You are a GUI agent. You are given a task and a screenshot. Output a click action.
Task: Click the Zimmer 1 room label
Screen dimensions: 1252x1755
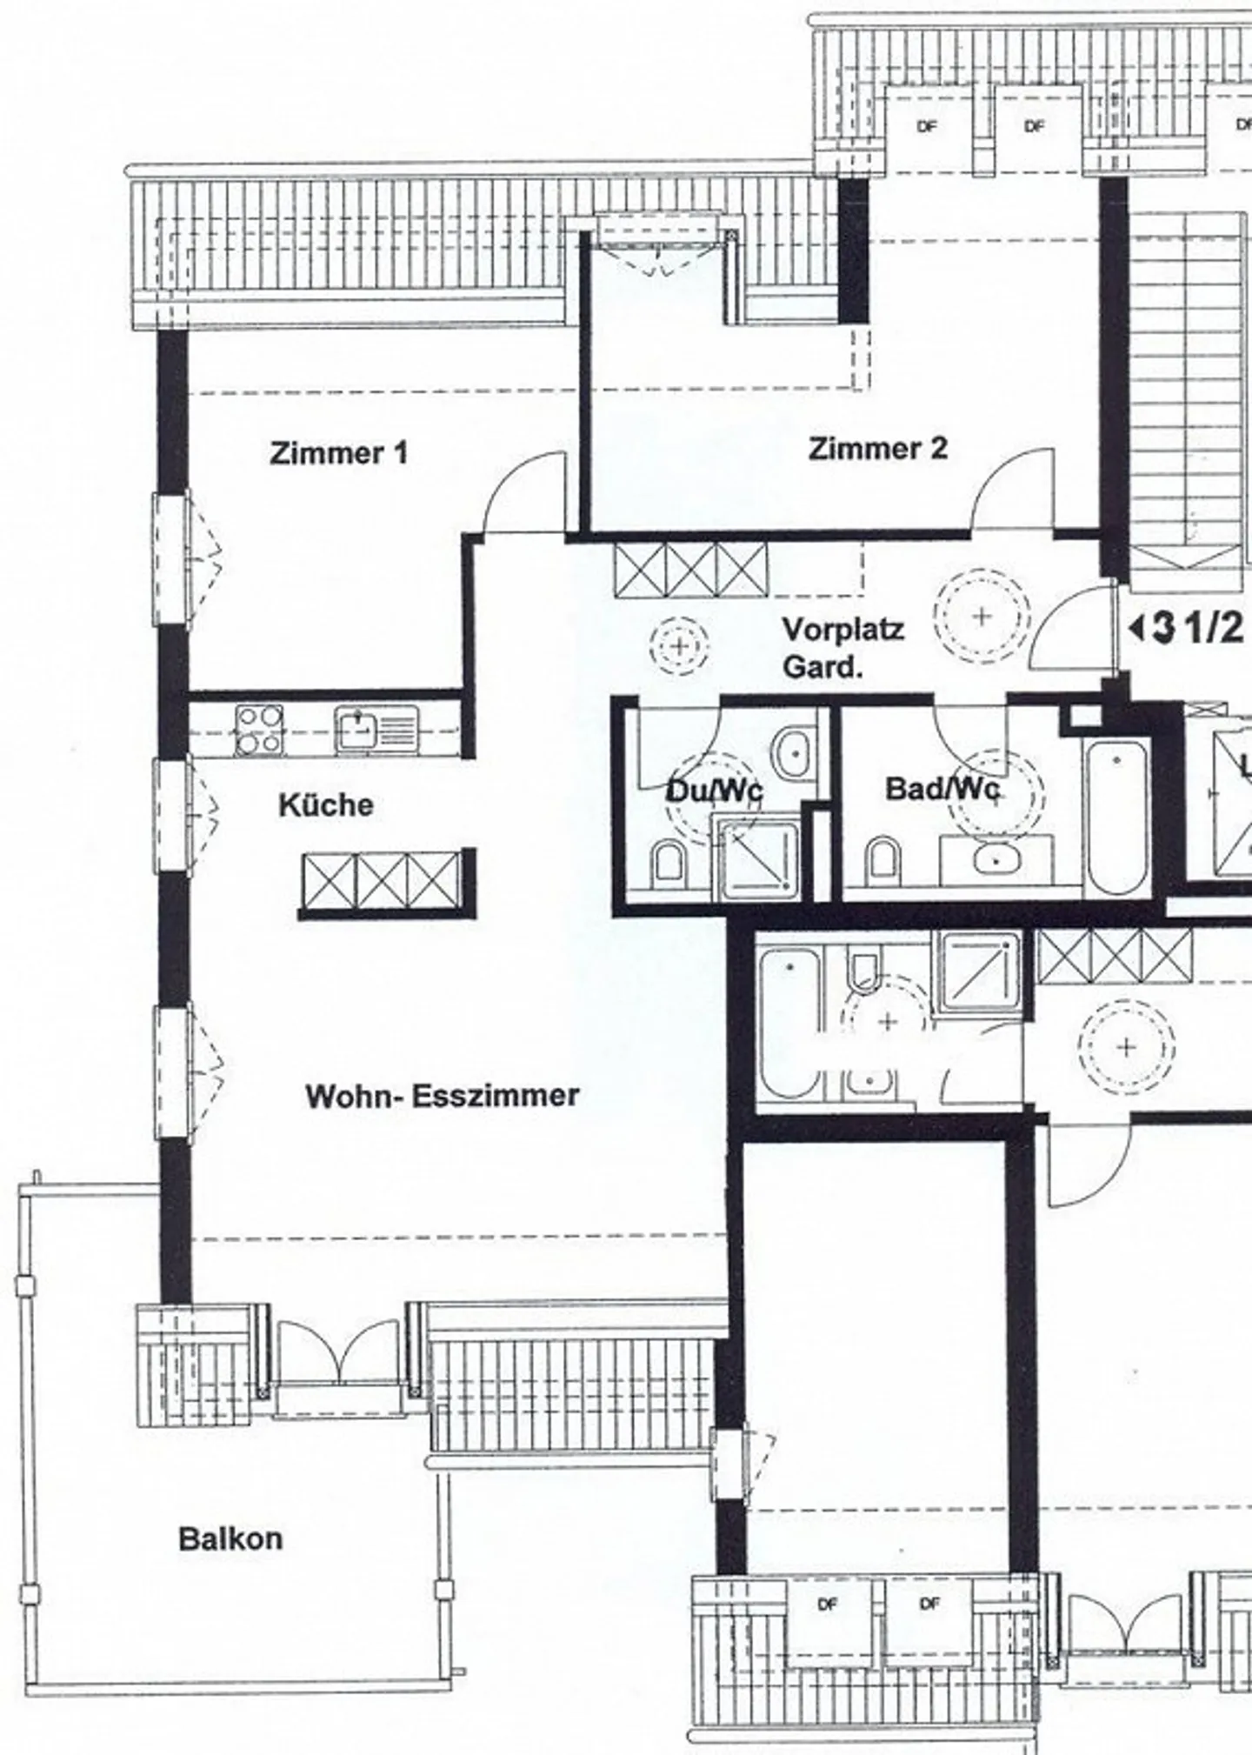click(x=338, y=453)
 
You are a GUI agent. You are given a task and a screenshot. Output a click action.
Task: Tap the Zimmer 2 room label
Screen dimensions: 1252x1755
click(x=878, y=449)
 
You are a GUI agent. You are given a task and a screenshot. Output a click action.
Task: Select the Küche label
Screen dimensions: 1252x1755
click(x=326, y=804)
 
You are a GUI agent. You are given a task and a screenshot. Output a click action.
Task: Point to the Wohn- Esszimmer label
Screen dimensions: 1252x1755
click(x=442, y=1096)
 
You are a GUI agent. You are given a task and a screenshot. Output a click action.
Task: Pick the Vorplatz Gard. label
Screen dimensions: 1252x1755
click(x=842, y=648)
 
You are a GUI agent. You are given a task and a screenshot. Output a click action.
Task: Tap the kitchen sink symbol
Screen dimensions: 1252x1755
click(x=377, y=730)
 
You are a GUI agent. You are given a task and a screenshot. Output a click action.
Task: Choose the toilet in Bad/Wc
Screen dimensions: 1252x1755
click(x=882, y=861)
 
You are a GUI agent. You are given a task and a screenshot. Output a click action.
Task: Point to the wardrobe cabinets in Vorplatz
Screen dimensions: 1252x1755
click(x=690, y=571)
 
